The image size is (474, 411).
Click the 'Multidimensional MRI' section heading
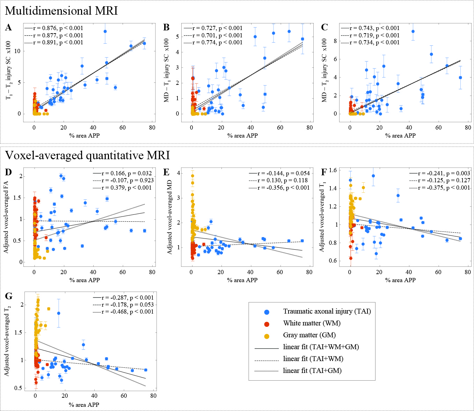61,10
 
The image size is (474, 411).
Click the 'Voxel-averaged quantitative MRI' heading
87,155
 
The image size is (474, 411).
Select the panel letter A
8,28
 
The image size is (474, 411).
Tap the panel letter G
8,296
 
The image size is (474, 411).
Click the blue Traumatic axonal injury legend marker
267,312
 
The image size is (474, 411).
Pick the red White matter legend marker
267,324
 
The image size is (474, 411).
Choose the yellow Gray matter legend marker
267,336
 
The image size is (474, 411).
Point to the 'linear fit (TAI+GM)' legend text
312,370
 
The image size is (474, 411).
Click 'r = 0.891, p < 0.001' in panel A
58,42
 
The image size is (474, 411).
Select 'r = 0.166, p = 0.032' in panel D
126,173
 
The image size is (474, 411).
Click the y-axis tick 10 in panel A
17,51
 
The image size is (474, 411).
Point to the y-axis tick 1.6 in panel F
333,170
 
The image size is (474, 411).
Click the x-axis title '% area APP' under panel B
242,135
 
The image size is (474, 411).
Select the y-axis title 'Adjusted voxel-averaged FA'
6,219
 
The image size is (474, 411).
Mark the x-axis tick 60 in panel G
124,396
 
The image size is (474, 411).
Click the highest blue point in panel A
105,31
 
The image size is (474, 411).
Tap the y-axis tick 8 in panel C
335,41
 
